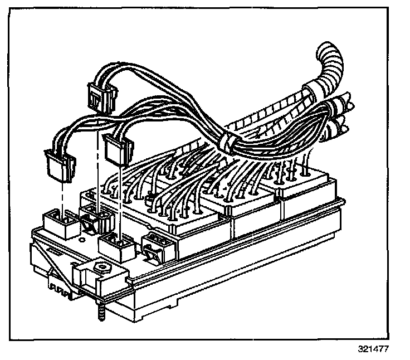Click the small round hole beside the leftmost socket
[82, 241]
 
